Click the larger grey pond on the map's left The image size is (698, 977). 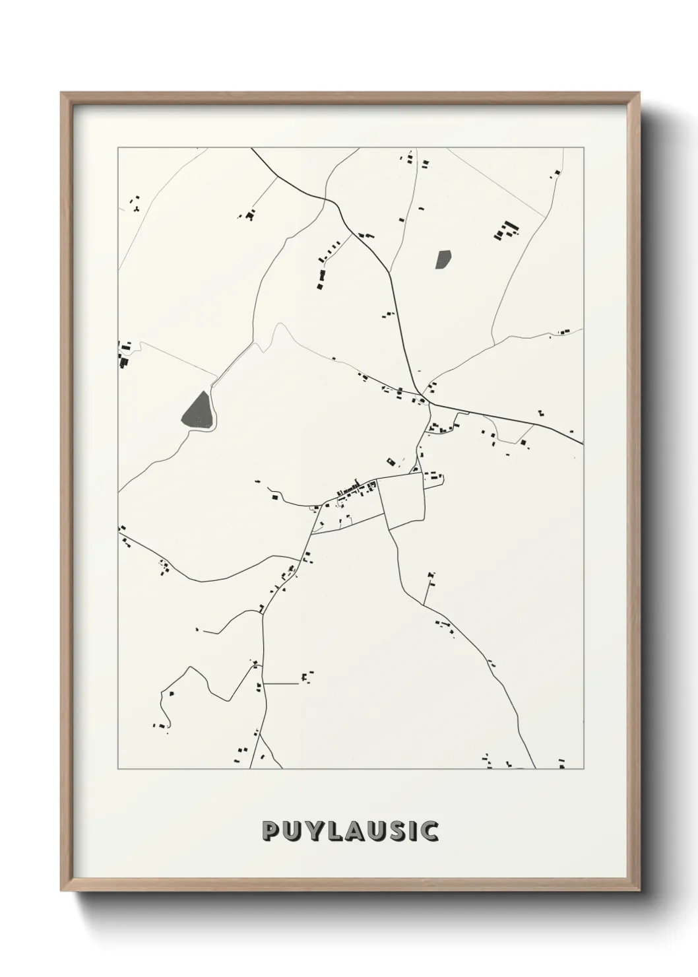coord(199,411)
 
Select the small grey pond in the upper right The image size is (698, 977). coord(443,259)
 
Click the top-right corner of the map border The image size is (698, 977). coord(583,148)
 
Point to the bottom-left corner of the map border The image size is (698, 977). coord(118,769)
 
